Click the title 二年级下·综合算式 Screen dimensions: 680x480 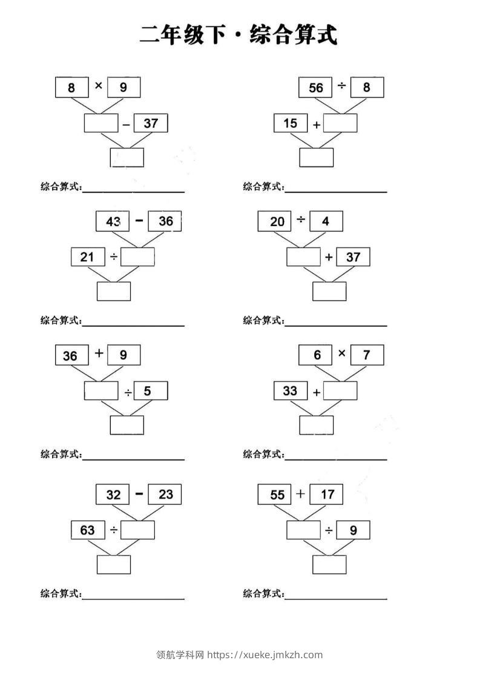pyautogui.click(x=238, y=35)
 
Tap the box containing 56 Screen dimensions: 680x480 pyautogui.click(x=315, y=88)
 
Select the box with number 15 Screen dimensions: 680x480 pyautogui.click(x=290, y=124)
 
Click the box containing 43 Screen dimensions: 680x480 pyautogui.click(x=113, y=221)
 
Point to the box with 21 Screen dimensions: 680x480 pyautogui.click(x=87, y=257)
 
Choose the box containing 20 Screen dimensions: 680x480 pyautogui.click(x=277, y=221)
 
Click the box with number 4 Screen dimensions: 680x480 pyautogui.click(x=326, y=221)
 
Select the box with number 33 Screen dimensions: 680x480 pyautogui.click(x=290, y=391)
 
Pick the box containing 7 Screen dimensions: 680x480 pyautogui.click(x=367, y=355)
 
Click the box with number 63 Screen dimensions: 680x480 pyautogui.click(x=87, y=530)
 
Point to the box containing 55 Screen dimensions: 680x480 pyautogui.click(x=277, y=495)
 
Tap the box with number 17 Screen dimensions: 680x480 pyautogui.click(x=327, y=495)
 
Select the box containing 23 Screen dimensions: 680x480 pyautogui.click(x=165, y=495)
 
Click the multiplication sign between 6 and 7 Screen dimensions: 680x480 pyautogui.click(x=341, y=353)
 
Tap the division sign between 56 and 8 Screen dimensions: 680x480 pyautogui.click(x=341, y=87)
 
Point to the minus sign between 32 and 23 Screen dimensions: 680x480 pyautogui.click(x=139, y=493)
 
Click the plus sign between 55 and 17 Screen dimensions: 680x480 pyautogui.click(x=300, y=493)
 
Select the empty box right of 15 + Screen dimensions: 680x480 pyautogui.click(x=340, y=124)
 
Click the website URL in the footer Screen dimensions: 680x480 pyautogui.click(x=265, y=655)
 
